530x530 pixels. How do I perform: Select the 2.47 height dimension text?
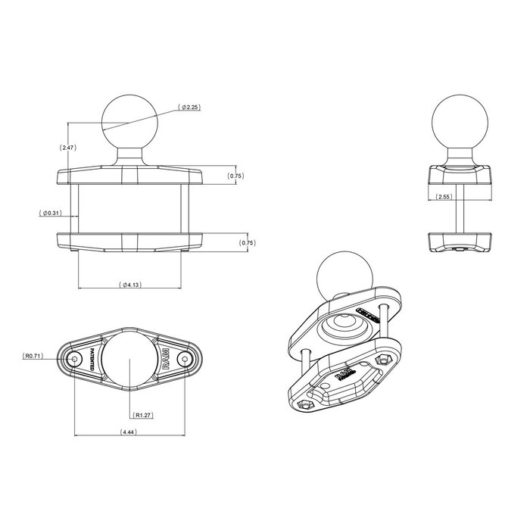[67, 148]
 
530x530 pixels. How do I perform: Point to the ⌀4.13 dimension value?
[129, 285]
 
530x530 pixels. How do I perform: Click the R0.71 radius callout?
[34, 354]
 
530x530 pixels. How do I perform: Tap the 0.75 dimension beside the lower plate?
[247, 242]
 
